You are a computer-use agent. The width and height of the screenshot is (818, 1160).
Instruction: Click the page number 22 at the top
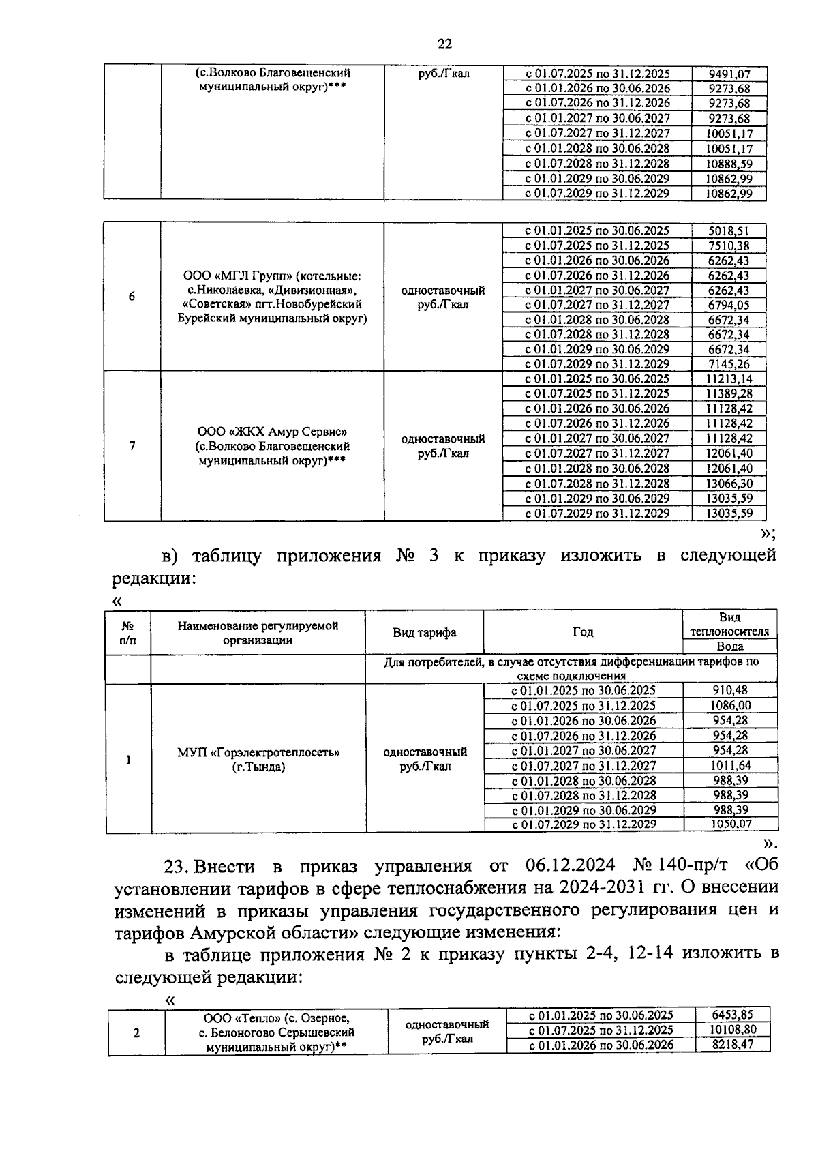(x=444, y=44)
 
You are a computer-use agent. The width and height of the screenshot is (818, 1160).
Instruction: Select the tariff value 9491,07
(x=729, y=74)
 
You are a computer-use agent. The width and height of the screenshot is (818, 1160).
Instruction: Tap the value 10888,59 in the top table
(x=729, y=164)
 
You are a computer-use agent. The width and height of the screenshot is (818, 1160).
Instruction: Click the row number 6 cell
(x=132, y=297)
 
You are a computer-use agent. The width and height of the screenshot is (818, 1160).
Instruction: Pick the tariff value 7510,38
(x=729, y=246)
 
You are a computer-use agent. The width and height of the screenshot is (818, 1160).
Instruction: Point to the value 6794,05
(x=729, y=305)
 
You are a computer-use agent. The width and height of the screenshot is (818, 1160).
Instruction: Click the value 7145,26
(x=729, y=364)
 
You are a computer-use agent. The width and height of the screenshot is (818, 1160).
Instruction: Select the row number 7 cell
(x=132, y=446)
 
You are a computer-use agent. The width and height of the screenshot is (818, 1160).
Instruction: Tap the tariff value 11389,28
(x=729, y=393)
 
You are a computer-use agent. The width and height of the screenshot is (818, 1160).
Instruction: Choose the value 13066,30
(x=729, y=484)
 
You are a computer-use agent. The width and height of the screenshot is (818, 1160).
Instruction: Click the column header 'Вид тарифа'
(x=424, y=632)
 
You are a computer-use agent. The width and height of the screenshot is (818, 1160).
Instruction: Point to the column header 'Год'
(x=583, y=632)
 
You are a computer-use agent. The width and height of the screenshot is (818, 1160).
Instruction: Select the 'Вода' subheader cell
(x=730, y=646)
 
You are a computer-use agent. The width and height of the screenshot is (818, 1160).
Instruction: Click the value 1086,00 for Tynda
(x=730, y=706)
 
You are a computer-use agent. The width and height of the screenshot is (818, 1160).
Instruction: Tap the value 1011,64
(x=730, y=765)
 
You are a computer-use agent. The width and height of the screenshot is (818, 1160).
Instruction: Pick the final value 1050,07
(x=730, y=824)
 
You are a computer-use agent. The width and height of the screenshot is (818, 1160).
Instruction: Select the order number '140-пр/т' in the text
(x=693, y=866)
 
